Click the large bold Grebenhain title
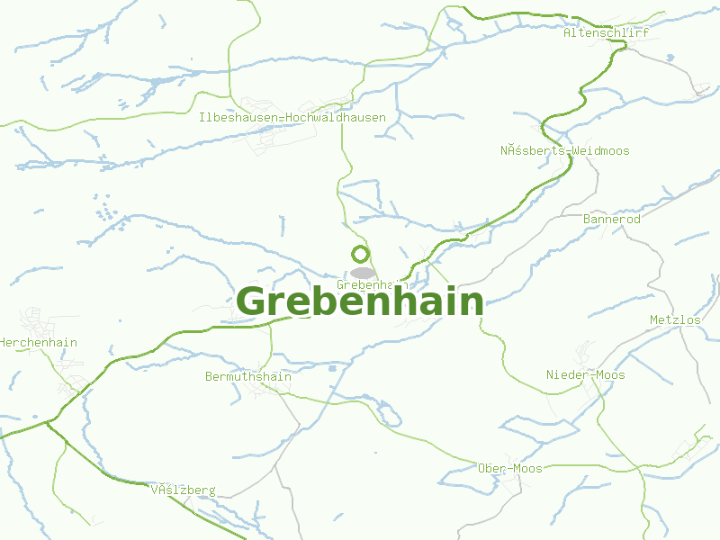pos(360,302)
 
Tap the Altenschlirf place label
pos(606,32)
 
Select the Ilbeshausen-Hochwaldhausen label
pos(292,118)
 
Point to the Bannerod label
pos(612,220)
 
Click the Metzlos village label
pos(675,320)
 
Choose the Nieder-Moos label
pos(586,375)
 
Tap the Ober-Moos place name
pos(510,469)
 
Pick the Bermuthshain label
pos(248,377)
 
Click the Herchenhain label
pos(39,343)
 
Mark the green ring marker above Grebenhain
pos(361,255)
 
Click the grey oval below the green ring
pos(363,273)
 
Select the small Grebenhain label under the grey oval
pos(366,284)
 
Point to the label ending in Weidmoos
pos(565,151)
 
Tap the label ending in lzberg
pos(184,490)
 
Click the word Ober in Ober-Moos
pos(491,469)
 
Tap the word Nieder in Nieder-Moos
pos(567,375)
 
